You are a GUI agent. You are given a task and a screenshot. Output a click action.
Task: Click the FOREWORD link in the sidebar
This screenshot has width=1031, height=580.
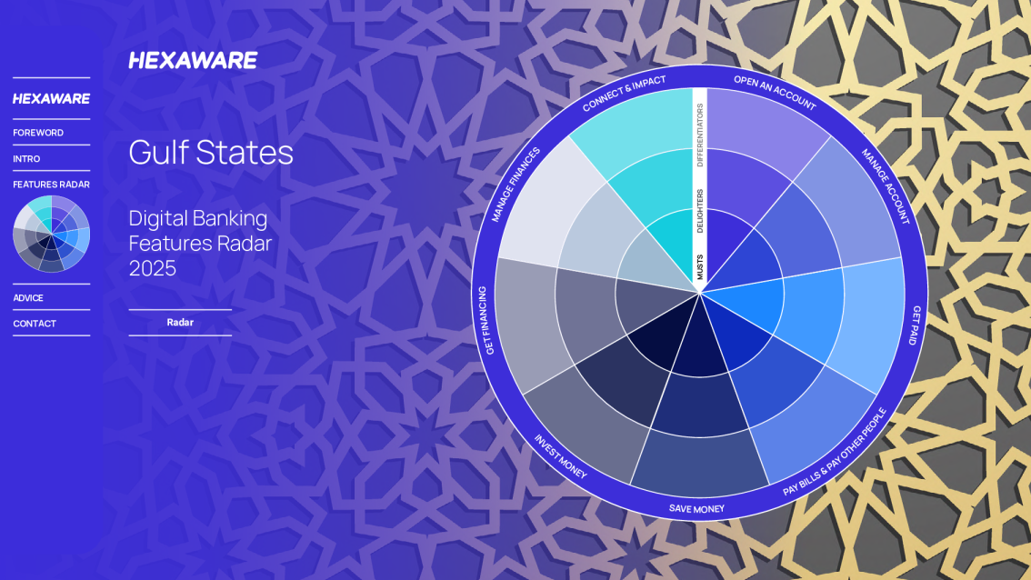(38, 133)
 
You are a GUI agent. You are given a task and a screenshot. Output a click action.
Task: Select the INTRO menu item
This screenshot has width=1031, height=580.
(26, 159)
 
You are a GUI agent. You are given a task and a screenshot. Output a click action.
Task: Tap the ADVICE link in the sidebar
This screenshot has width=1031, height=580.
(28, 298)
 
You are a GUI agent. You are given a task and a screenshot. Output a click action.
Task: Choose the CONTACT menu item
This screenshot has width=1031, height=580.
(35, 324)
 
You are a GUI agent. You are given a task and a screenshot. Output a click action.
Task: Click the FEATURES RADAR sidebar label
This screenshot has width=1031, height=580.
(51, 185)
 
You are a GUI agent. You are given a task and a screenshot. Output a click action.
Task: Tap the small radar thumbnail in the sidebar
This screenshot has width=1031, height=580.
(51, 234)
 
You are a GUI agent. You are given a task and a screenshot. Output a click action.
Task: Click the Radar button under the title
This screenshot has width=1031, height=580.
(180, 322)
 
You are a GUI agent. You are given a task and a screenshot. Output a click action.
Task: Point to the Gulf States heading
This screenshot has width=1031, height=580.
(211, 153)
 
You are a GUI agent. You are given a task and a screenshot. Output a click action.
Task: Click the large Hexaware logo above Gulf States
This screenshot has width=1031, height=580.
(193, 61)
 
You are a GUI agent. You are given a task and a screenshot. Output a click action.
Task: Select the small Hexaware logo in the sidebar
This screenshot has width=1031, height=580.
(51, 99)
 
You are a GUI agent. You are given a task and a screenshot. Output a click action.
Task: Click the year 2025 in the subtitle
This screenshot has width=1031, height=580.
(153, 268)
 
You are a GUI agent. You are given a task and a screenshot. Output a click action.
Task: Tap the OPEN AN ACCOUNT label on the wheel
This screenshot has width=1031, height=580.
(775, 93)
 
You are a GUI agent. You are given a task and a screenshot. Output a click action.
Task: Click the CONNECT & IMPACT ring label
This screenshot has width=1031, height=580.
(624, 93)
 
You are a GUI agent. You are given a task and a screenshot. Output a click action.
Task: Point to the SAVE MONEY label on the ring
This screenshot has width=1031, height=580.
(696, 508)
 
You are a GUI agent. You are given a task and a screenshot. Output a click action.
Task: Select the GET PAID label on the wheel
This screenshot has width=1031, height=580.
(915, 325)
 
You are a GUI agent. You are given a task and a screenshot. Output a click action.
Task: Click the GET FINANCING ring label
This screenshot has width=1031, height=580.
(485, 321)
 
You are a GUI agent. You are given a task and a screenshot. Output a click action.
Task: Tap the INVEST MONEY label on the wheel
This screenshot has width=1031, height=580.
(560, 456)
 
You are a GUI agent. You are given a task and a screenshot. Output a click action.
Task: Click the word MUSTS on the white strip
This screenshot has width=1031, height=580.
(700, 267)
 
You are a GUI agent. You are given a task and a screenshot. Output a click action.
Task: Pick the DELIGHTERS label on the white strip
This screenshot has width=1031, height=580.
(700, 211)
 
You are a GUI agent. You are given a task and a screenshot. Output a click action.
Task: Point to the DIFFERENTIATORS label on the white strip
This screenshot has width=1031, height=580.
(700, 135)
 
